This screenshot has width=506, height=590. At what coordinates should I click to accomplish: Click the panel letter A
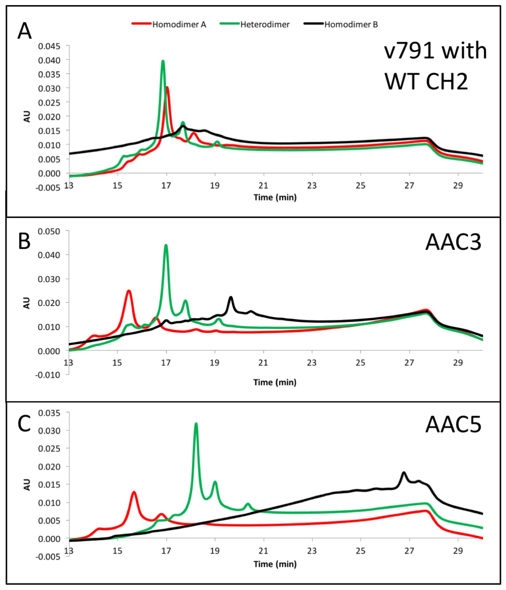(x=25, y=31)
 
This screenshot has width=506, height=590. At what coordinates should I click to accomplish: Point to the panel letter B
(x=24, y=241)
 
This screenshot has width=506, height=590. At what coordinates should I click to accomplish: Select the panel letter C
(x=24, y=424)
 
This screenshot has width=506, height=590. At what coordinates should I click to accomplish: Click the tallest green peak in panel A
(x=163, y=61)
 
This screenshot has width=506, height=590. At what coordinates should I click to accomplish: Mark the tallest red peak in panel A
(x=167, y=88)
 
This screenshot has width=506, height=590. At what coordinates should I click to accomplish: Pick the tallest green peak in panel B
(x=166, y=245)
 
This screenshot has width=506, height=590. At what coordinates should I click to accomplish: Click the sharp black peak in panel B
(x=231, y=298)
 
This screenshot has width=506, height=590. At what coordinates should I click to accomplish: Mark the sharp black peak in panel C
(x=404, y=473)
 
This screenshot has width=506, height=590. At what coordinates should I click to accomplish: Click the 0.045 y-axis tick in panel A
(x=49, y=46)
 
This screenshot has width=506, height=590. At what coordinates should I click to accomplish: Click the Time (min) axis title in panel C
(x=275, y=564)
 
